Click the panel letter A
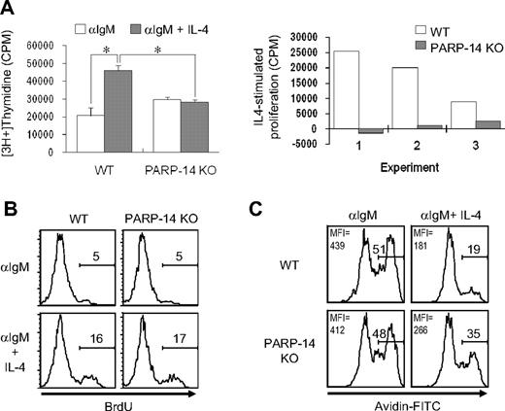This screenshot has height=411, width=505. click(9, 10)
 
